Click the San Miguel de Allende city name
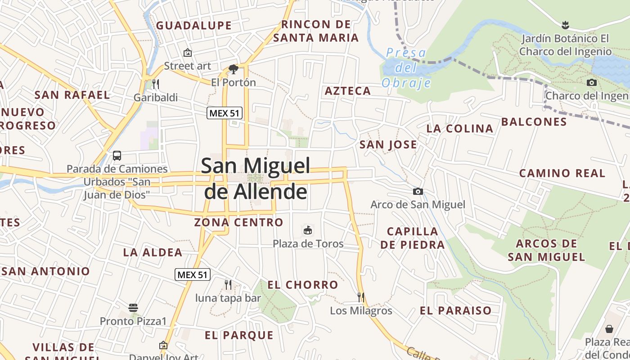[x=256, y=178]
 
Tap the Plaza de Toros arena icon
[x=308, y=230]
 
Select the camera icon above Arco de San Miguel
[x=418, y=191]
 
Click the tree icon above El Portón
[x=233, y=69]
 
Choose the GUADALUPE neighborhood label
[x=194, y=25]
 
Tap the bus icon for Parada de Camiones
[x=117, y=156]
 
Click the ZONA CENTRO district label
[x=238, y=222]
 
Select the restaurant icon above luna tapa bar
[x=228, y=284]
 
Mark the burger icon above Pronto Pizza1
[x=133, y=308]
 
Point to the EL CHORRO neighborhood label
[x=303, y=284]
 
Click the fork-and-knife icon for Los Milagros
[x=360, y=297]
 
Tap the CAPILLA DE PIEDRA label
[x=413, y=238]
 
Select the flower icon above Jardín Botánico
[x=565, y=24]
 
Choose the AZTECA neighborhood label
[x=348, y=91]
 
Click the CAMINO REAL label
[x=562, y=173]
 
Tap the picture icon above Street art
[x=188, y=53]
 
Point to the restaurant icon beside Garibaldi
[x=156, y=84]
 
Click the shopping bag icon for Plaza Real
[x=609, y=329]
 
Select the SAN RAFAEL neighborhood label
[x=72, y=95]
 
